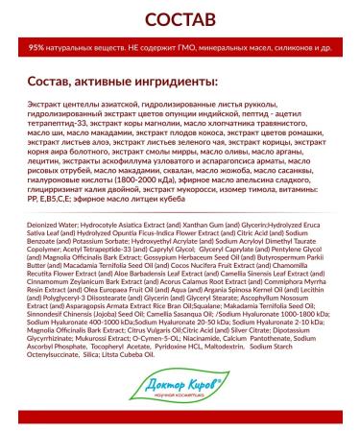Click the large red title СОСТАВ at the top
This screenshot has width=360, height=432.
[180, 19]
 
